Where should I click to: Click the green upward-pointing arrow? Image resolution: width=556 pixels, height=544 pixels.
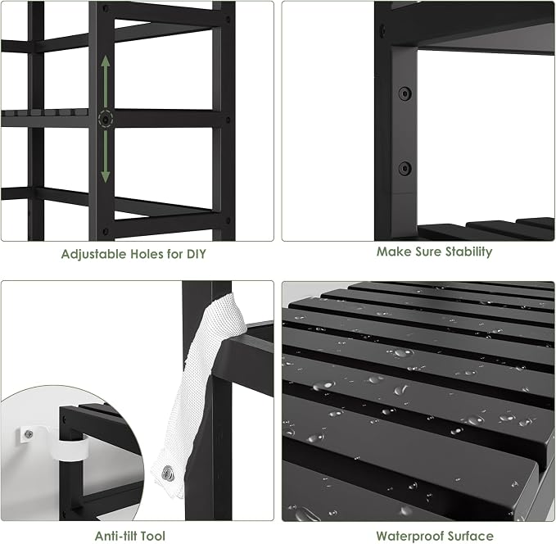click(x=106, y=81)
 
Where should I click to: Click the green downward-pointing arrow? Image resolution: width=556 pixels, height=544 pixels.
click(x=106, y=156)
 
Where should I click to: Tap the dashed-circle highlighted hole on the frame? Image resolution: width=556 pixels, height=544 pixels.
click(x=106, y=119)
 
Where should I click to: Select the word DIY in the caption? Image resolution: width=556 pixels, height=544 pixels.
click(x=197, y=254)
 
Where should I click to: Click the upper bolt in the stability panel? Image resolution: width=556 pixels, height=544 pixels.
click(x=405, y=93)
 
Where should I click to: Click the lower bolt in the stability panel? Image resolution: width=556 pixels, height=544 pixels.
click(x=405, y=168)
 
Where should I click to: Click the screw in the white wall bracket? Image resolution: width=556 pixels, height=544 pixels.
click(x=29, y=433)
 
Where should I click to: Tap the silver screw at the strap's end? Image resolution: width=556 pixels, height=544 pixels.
click(x=168, y=474)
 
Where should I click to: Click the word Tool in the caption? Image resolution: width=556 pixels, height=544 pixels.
click(x=152, y=536)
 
